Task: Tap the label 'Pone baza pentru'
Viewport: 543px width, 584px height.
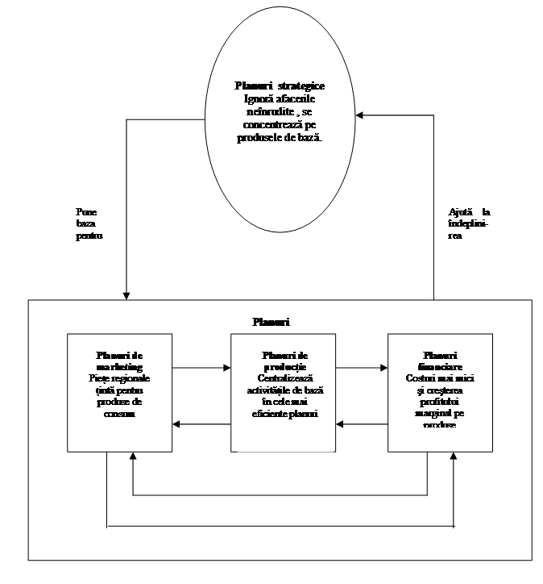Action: [88, 225]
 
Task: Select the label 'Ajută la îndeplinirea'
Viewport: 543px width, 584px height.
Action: [469, 223]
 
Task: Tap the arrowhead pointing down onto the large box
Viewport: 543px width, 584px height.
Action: [127, 294]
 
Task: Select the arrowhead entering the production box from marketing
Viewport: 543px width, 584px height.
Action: [227, 368]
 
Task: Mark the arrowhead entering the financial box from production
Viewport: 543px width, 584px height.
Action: [384, 368]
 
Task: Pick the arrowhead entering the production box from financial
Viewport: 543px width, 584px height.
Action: [338, 423]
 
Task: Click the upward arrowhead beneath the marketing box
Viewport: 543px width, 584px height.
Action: [133, 457]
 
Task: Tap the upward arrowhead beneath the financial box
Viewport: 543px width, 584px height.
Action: [454, 457]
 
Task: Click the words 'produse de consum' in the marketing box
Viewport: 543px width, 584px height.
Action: [120, 407]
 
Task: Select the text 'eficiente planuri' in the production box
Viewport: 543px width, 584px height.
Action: [283, 414]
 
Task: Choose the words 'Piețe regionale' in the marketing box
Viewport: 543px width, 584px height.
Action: [120, 378]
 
